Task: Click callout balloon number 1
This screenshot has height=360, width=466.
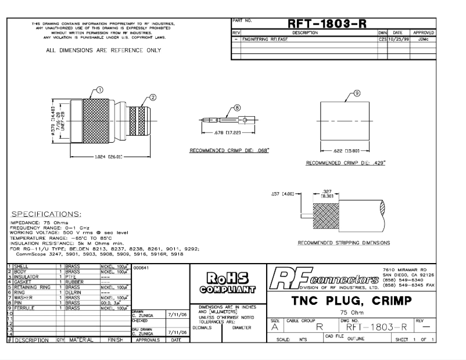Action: click(99, 90)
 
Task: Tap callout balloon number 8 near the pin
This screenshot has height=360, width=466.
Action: click(237, 107)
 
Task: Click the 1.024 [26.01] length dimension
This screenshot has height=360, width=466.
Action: click(106, 156)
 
